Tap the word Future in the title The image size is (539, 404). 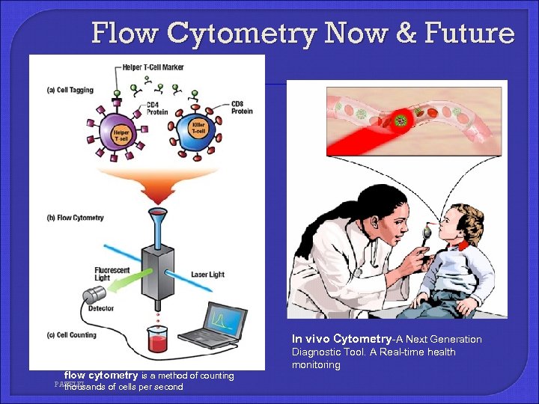pyautogui.click(x=471, y=33)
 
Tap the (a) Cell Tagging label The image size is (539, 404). pyautogui.click(x=70, y=91)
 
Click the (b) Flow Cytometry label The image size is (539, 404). pyautogui.click(x=75, y=218)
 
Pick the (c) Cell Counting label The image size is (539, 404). pyautogui.click(x=72, y=334)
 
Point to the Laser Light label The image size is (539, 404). pyautogui.click(x=207, y=275)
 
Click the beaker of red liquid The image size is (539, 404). pyautogui.click(x=157, y=340)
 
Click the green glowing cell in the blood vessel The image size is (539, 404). pyautogui.click(x=401, y=120)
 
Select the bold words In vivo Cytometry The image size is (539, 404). pyautogui.click(x=341, y=339)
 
